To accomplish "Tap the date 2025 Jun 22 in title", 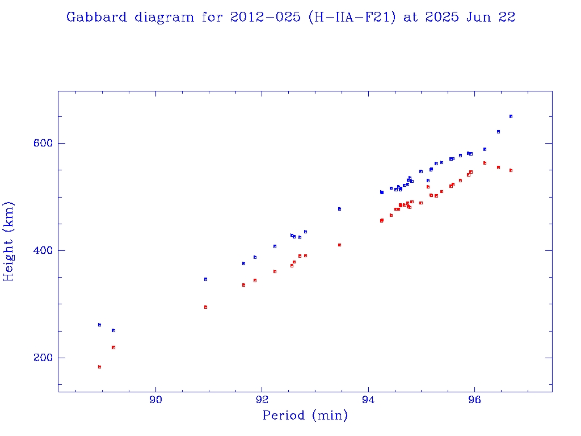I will click(459, 17).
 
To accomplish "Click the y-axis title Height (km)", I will click(9, 241).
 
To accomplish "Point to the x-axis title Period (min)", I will click(305, 416).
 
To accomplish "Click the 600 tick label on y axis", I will click(40, 143).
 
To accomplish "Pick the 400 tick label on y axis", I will click(40, 250).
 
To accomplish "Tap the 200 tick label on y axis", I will click(40, 358).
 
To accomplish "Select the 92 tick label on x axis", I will click(262, 400).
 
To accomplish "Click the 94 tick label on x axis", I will click(368, 400).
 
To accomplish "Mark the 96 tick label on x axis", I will click(475, 400).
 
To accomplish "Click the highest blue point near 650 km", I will click(511, 116).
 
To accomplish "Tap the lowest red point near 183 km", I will click(99, 367).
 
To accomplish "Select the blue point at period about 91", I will click(205, 279).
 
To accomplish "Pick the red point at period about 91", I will click(205, 307).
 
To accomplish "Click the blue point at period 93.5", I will click(339, 209).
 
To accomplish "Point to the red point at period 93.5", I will click(339, 245).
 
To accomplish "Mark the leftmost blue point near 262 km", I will click(99, 325).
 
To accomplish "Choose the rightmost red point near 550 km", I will click(511, 170).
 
